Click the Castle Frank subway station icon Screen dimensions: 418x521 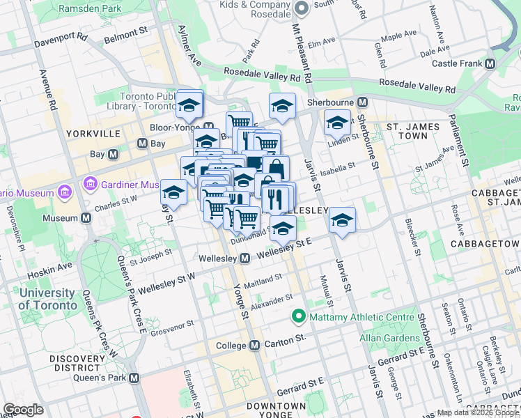(490, 64)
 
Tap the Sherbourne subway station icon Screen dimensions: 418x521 (362, 102)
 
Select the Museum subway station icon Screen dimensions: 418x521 (86, 218)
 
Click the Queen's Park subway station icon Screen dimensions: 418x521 (134, 378)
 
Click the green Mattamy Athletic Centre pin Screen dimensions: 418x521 (300, 317)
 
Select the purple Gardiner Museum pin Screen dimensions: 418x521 (89, 185)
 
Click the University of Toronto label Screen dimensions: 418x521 (47, 299)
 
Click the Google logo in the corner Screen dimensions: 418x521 (23, 410)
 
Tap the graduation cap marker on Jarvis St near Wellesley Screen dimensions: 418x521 (342, 220)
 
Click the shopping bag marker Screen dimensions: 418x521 (276, 168)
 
